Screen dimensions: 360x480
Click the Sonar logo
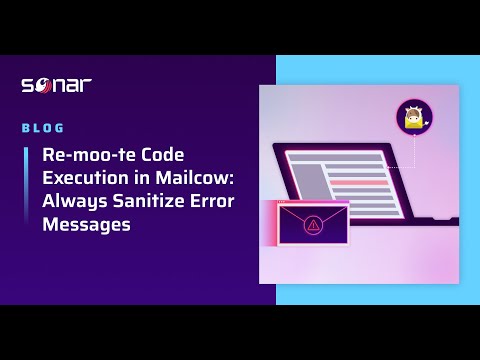coord(57,85)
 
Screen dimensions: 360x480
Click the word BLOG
coord(43,128)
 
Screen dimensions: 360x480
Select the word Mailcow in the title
coord(201,179)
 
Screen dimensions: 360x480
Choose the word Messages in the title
coord(86,225)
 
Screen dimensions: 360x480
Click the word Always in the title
coord(69,202)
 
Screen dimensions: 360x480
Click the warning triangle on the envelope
coord(313,226)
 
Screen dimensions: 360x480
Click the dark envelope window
coord(313,224)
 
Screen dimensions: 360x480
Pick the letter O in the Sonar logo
coord(44,85)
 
